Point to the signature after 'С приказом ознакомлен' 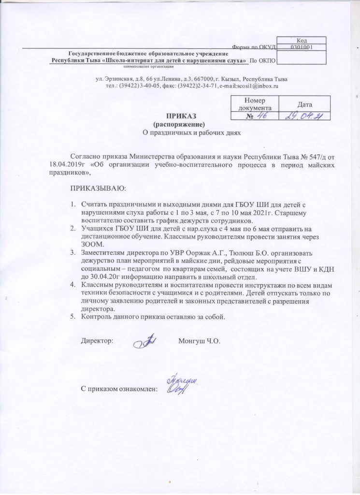182,385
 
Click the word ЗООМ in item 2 91,245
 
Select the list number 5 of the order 73,317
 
